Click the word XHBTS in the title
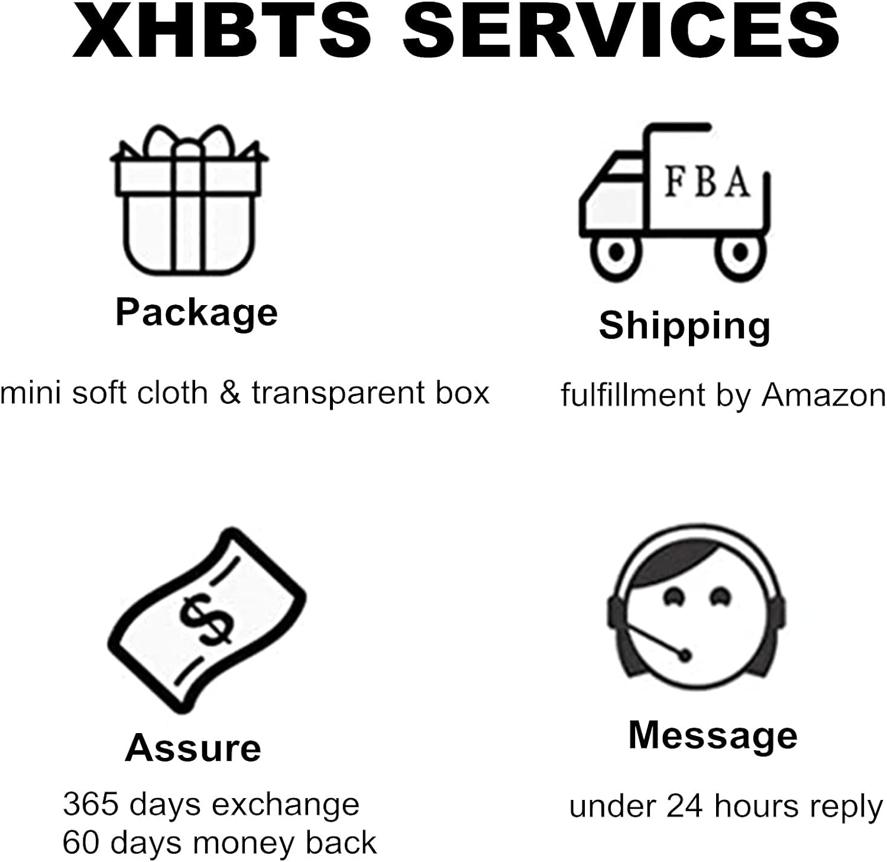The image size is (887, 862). [222, 30]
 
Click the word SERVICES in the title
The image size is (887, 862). [621, 30]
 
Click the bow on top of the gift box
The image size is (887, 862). [188, 142]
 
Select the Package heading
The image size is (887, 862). [196, 312]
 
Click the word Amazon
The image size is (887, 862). [824, 395]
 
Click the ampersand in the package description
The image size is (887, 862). [230, 393]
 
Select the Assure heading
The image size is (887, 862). [193, 748]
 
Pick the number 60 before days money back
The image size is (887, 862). [82, 842]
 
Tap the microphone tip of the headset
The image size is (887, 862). [685, 654]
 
